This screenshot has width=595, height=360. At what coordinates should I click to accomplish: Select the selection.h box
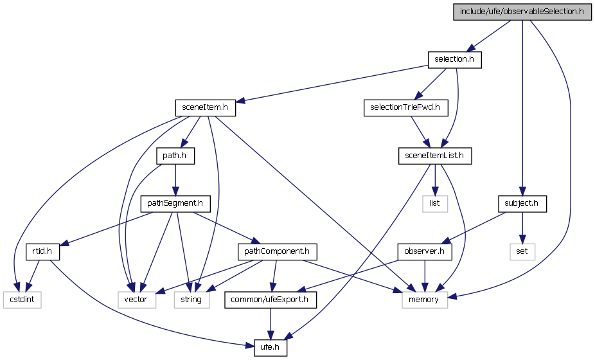454,60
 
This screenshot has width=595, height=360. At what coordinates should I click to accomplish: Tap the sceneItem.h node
205,107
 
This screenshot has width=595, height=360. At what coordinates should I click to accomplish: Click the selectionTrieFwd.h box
405,107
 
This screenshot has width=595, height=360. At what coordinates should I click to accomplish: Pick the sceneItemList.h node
434,155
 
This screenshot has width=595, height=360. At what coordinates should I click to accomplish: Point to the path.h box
175,155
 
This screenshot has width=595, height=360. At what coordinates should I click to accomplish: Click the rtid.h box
42,251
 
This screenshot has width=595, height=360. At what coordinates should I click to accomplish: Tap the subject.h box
522,203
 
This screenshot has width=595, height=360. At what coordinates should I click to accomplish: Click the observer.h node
425,251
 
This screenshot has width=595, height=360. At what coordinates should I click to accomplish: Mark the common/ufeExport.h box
271,299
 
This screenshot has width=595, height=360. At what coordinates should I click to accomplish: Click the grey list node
434,203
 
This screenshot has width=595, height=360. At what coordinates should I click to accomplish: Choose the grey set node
522,251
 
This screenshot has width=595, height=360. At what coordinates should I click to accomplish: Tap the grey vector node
136,299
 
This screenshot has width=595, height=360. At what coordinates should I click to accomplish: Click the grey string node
191,299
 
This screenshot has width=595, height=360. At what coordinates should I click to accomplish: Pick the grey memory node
424,299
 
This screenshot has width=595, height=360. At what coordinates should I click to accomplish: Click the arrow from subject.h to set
522,227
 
